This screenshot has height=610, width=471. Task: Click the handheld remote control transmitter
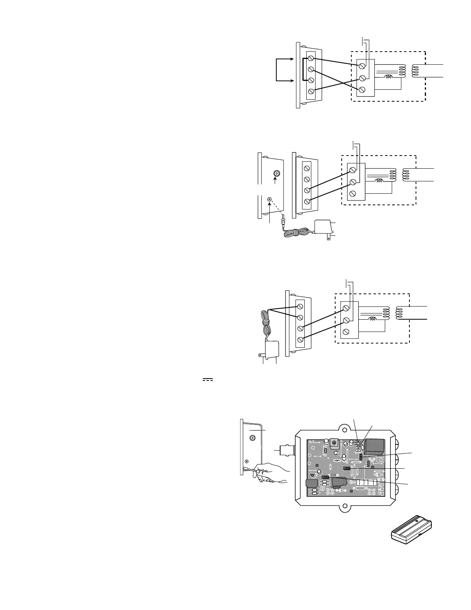[x=411, y=531]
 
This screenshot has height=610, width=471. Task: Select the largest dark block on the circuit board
[x=374, y=447]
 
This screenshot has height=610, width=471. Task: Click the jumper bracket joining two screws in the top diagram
[x=303, y=69]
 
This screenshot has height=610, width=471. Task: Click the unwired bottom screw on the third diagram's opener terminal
[x=346, y=331]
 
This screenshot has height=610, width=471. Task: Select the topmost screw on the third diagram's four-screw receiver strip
[x=300, y=307]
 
